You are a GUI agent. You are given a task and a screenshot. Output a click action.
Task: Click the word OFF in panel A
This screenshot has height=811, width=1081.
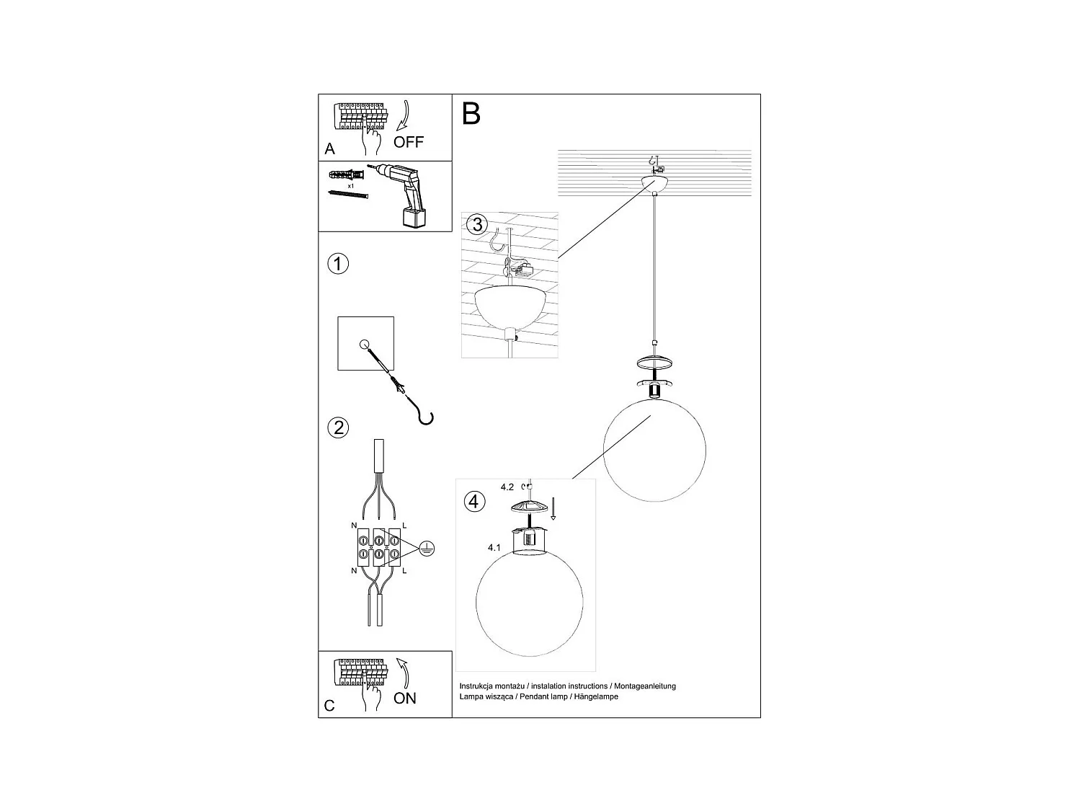tap(409, 142)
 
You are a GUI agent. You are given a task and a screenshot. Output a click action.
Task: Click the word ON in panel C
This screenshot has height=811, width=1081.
tap(405, 698)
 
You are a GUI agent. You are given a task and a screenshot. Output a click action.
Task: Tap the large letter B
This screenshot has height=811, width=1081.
tap(471, 114)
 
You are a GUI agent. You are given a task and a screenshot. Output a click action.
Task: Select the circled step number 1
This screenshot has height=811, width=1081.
tap(338, 264)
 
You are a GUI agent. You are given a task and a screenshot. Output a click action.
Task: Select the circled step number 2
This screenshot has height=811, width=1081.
tap(338, 427)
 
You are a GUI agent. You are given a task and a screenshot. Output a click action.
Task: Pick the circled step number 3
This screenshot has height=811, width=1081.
tap(476, 224)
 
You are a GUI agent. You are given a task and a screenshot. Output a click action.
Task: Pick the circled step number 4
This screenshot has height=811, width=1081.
tap(474, 501)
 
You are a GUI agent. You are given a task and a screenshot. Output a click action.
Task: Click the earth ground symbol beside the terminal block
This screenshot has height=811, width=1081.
tap(426, 549)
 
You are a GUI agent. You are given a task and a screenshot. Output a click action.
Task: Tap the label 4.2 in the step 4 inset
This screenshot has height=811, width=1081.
tap(508, 487)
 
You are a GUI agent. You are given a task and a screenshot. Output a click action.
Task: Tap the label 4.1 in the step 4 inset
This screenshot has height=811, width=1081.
tap(494, 548)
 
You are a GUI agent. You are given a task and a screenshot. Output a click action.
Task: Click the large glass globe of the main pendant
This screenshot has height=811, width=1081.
tap(654, 447)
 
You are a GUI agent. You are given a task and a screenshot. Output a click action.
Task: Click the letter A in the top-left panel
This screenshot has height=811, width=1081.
tap(330, 149)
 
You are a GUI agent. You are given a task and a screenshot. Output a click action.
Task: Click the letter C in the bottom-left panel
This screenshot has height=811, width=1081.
tap(329, 706)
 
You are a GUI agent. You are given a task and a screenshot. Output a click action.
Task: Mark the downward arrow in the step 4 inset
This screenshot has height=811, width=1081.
tap(553, 508)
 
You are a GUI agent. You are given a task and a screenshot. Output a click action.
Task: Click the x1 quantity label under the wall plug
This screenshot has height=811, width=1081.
tap(350, 186)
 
